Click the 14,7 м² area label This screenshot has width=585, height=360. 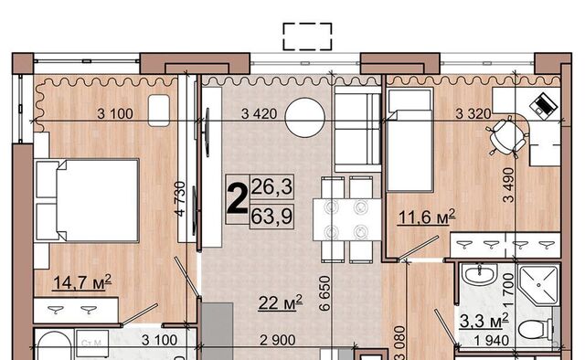82,282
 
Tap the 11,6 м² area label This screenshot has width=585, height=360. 427,217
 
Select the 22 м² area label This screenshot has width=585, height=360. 281,302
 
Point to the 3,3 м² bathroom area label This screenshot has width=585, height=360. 484,321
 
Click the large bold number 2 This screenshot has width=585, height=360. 238,199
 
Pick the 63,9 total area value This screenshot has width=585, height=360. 271,216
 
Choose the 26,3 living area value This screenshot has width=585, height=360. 271,186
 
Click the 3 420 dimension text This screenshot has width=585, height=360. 259,113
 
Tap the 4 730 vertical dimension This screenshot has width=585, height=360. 180,199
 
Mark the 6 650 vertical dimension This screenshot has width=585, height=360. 325,293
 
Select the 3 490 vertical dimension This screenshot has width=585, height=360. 508,185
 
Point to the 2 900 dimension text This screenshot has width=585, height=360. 278,340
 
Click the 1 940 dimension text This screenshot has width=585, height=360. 492,340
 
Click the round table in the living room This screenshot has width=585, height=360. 304,117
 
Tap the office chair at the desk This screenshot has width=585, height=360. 506,135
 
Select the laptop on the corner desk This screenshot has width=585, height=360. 544,104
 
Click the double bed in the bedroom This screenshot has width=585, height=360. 88,200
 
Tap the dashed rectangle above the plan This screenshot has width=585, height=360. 307,37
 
